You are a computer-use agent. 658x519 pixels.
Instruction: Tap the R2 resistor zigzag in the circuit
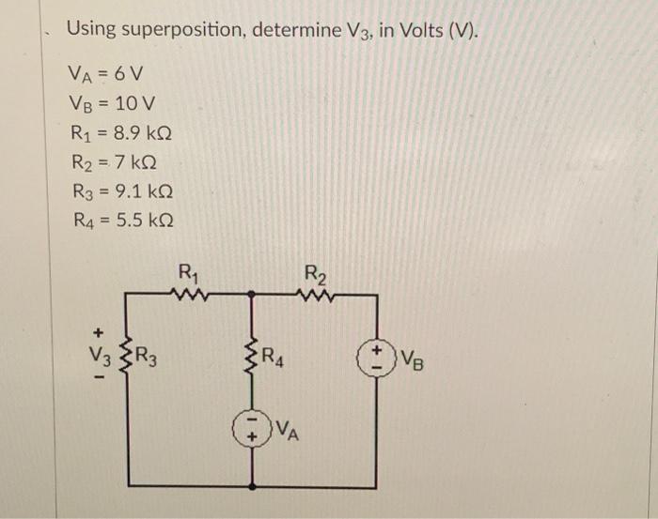point(314,294)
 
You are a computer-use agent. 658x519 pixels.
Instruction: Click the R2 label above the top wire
point(315,275)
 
